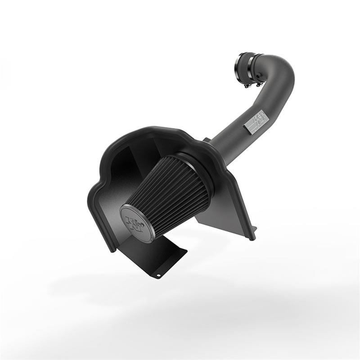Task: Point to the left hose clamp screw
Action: [247, 84]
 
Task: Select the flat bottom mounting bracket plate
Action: [162, 259]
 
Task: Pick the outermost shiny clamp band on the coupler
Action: [239, 63]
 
